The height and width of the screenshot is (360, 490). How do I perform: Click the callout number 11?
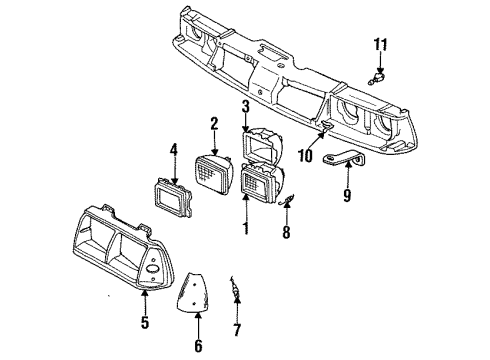(x=379, y=44)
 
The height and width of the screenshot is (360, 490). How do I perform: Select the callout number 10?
(x=305, y=156)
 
